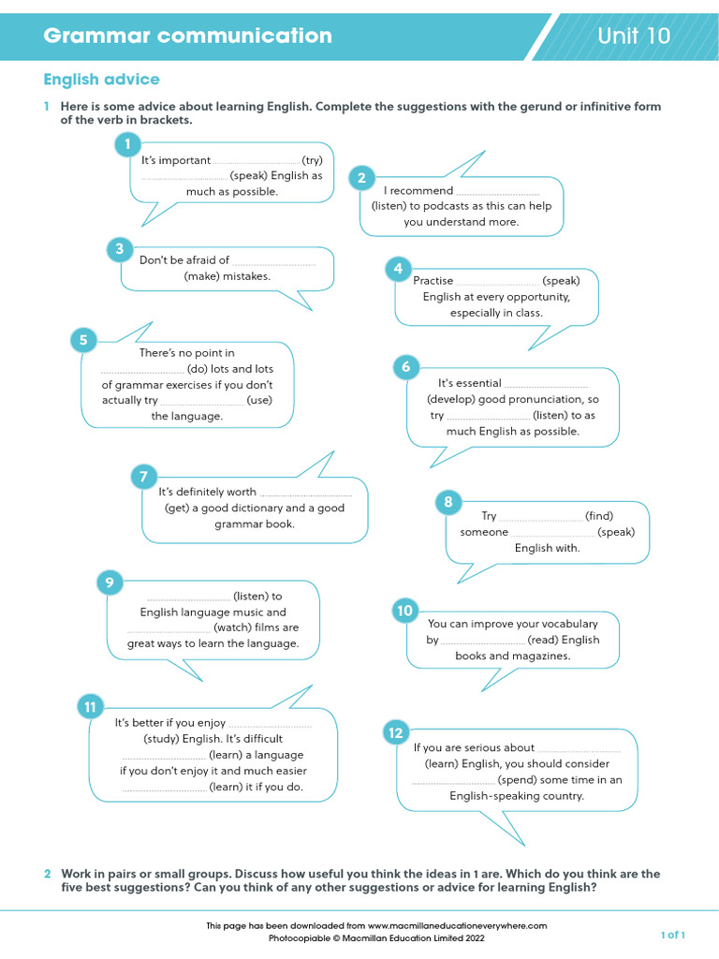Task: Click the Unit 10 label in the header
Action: (x=634, y=37)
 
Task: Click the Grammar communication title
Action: (x=187, y=37)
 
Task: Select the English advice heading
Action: (x=101, y=80)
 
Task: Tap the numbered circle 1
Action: (x=127, y=144)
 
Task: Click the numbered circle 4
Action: (x=398, y=269)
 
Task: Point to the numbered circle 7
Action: (x=143, y=477)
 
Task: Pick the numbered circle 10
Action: (x=404, y=611)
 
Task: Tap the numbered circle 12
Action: (x=395, y=733)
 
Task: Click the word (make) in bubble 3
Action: (x=201, y=276)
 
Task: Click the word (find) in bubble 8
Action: (x=599, y=516)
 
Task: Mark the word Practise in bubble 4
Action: (x=433, y=281)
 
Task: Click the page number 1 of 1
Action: (x=673, y=935)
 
